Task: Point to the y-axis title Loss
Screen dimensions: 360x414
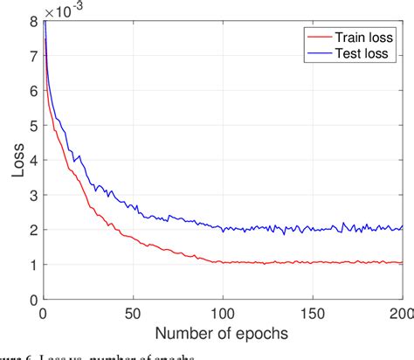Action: click(x=17, y=160)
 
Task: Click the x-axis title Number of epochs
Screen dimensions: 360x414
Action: click(x=223, y=335)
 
